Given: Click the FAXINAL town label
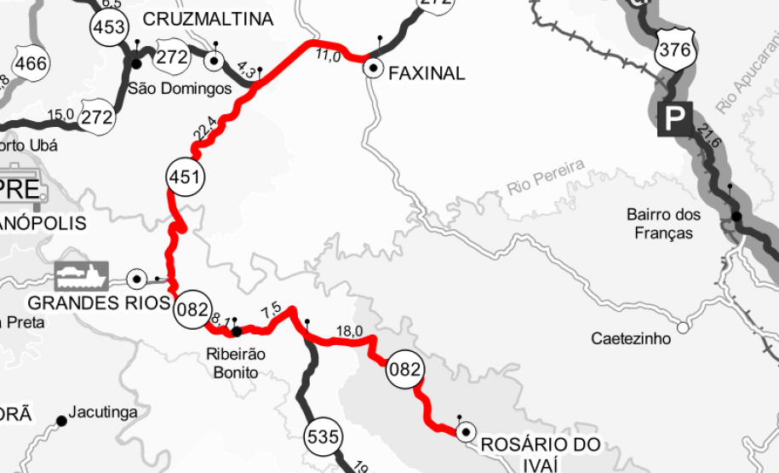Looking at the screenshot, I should pyautogui.click(x=427, y=73).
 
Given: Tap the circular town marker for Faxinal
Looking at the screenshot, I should pyautogui.click(x=372, y=68).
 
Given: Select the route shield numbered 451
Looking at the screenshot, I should pyautogui.click(x=185, y=176).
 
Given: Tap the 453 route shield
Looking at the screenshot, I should pyautogui.click(x=109, y=27).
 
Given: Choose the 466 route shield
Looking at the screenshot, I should pyautogui.click(x=31, y=64).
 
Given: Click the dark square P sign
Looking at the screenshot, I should pyautogui.click(x=673, y=119).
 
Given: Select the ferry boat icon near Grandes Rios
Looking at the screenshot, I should pyautogui.click(x=81, y=274).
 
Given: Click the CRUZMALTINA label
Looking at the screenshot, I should pyautogui.click(x=208, y=19).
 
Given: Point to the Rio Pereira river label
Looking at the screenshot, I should pyautogui.click(x=546, y=177).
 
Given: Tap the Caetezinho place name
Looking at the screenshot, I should pyautogui.click(x=631, y=338).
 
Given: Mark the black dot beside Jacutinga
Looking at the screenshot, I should pyautogui.click(x=61, y=420).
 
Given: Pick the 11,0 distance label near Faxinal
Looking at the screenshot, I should pyautogui.click(x=328, y=57).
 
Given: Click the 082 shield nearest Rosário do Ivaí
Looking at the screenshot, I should pyautogui.click(x=404, y=369).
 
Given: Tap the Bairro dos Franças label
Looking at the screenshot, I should pyautogui.click(x=663, y=223).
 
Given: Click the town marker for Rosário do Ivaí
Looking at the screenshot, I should pyautogui.click(x=465, y=433).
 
